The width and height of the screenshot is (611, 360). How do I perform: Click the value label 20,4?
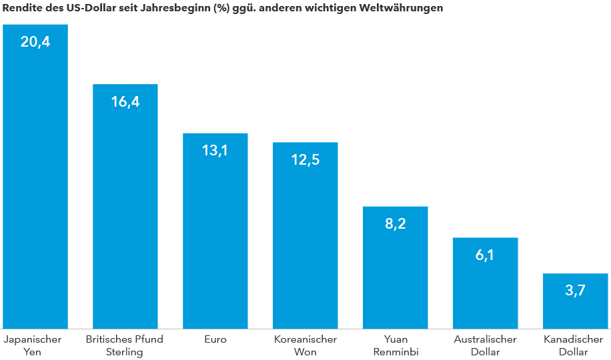coord(35,43)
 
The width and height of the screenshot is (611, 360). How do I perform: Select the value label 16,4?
coord(125,102)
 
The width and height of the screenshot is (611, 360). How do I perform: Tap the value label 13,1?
coord(215,151)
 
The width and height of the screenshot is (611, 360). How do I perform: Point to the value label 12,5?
coord(305,160)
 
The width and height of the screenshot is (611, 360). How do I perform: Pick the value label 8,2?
coord(396,224)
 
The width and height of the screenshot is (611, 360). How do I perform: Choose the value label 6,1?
coord(485,255)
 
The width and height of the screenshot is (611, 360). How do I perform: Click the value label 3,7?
coord(575,291)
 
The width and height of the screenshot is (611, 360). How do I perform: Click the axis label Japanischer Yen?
coord(33,345)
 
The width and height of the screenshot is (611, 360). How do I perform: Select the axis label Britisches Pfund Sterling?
coord(125,345)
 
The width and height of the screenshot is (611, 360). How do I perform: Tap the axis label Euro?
coord(215,339)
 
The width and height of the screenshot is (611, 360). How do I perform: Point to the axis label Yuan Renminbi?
coord(396,345)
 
